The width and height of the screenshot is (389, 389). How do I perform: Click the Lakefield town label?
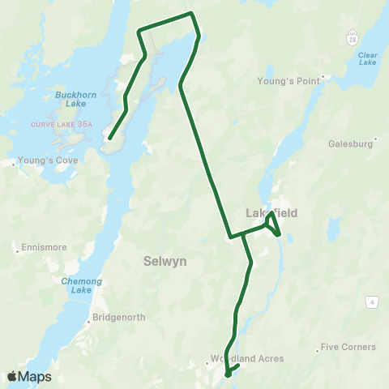pyautogui.click(x=271, y=213)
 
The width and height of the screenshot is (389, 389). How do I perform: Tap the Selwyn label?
pyautogui.click(x=165, y=262)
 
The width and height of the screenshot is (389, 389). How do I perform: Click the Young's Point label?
pyautogui.click(x=289, y=81)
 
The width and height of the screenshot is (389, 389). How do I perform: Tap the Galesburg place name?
pyautogui.click(x=350, y=144)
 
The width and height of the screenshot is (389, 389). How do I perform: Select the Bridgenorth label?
pyautogui.click(x=118, y=317)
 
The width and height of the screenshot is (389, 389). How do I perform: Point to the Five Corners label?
pyautogui.click(x=348, y=347)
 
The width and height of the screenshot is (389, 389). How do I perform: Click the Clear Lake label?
pyautogui.click(x=367, y=58)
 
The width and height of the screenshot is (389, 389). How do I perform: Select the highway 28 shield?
pyautogui.click(x=352, y=38)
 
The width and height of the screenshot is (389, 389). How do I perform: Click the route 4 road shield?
pyautogui.click(x=371, y=302)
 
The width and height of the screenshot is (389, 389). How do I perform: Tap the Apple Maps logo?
pyautogui.click(x=28, y=376)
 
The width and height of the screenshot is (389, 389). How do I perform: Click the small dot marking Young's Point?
pyautogui.click(x=323, y=79)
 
